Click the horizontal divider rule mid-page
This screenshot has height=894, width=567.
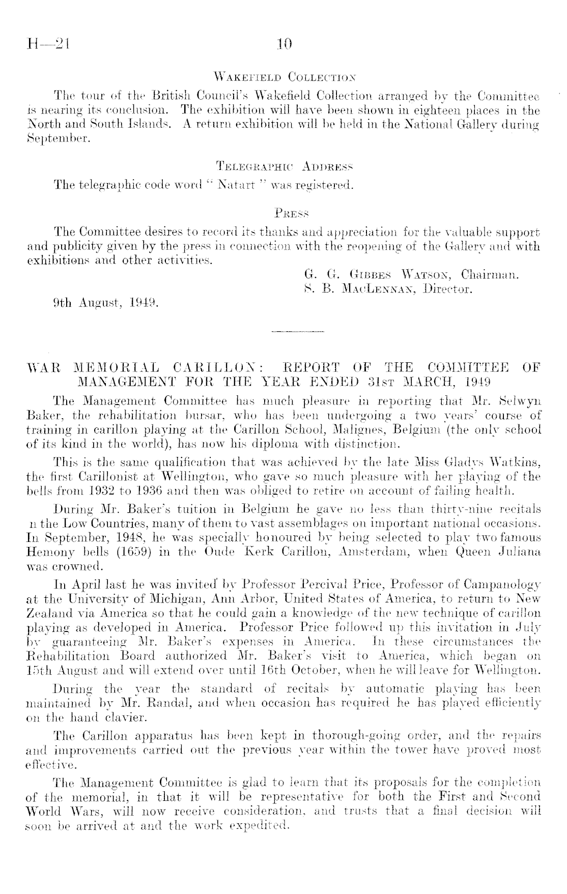298,332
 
